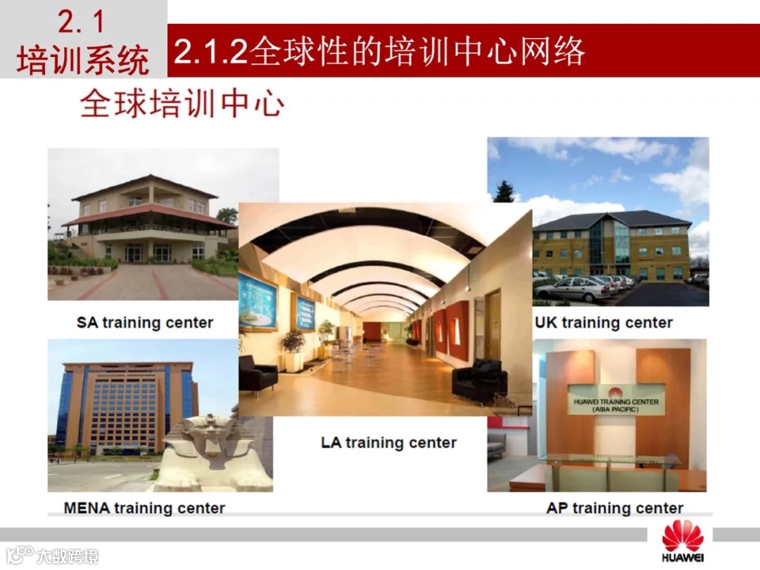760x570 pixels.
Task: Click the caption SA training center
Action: point(144,323)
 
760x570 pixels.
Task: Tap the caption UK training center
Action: point(603,323)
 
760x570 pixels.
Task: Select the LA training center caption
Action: point(388,443)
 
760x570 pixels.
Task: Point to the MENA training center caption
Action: point(144,507)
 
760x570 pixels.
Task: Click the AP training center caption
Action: point(614,508)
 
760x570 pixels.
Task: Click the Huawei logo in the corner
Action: point(682,542)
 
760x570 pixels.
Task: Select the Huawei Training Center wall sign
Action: point(615,400)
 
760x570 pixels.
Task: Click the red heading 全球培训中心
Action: point(182,104)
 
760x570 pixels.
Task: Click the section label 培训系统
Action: point(82,61)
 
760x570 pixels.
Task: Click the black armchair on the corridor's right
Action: point(479,380)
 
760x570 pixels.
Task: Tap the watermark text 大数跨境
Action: point(68,556)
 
